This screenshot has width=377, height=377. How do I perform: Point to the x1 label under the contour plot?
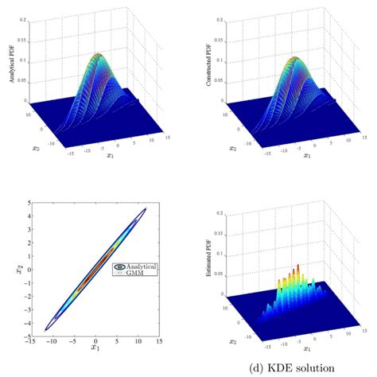(x=93, y=348)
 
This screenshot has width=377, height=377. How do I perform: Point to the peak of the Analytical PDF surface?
(x=96, y=55)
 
